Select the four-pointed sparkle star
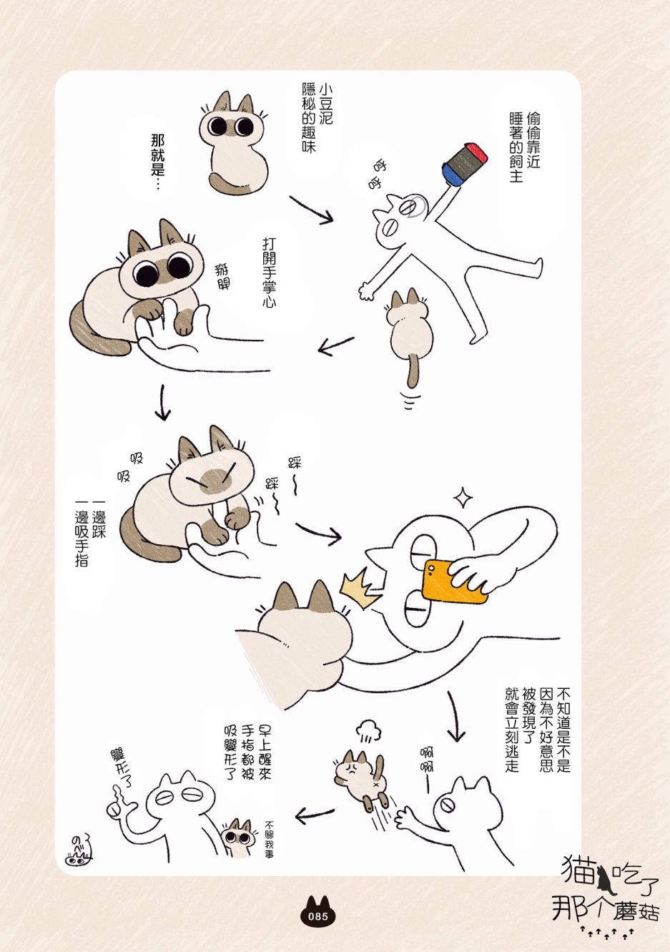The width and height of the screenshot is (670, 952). click(x=463, y=498)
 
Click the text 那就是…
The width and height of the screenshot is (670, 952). click(x=157, y=161)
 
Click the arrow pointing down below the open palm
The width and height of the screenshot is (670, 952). click(x=162, y=402)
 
